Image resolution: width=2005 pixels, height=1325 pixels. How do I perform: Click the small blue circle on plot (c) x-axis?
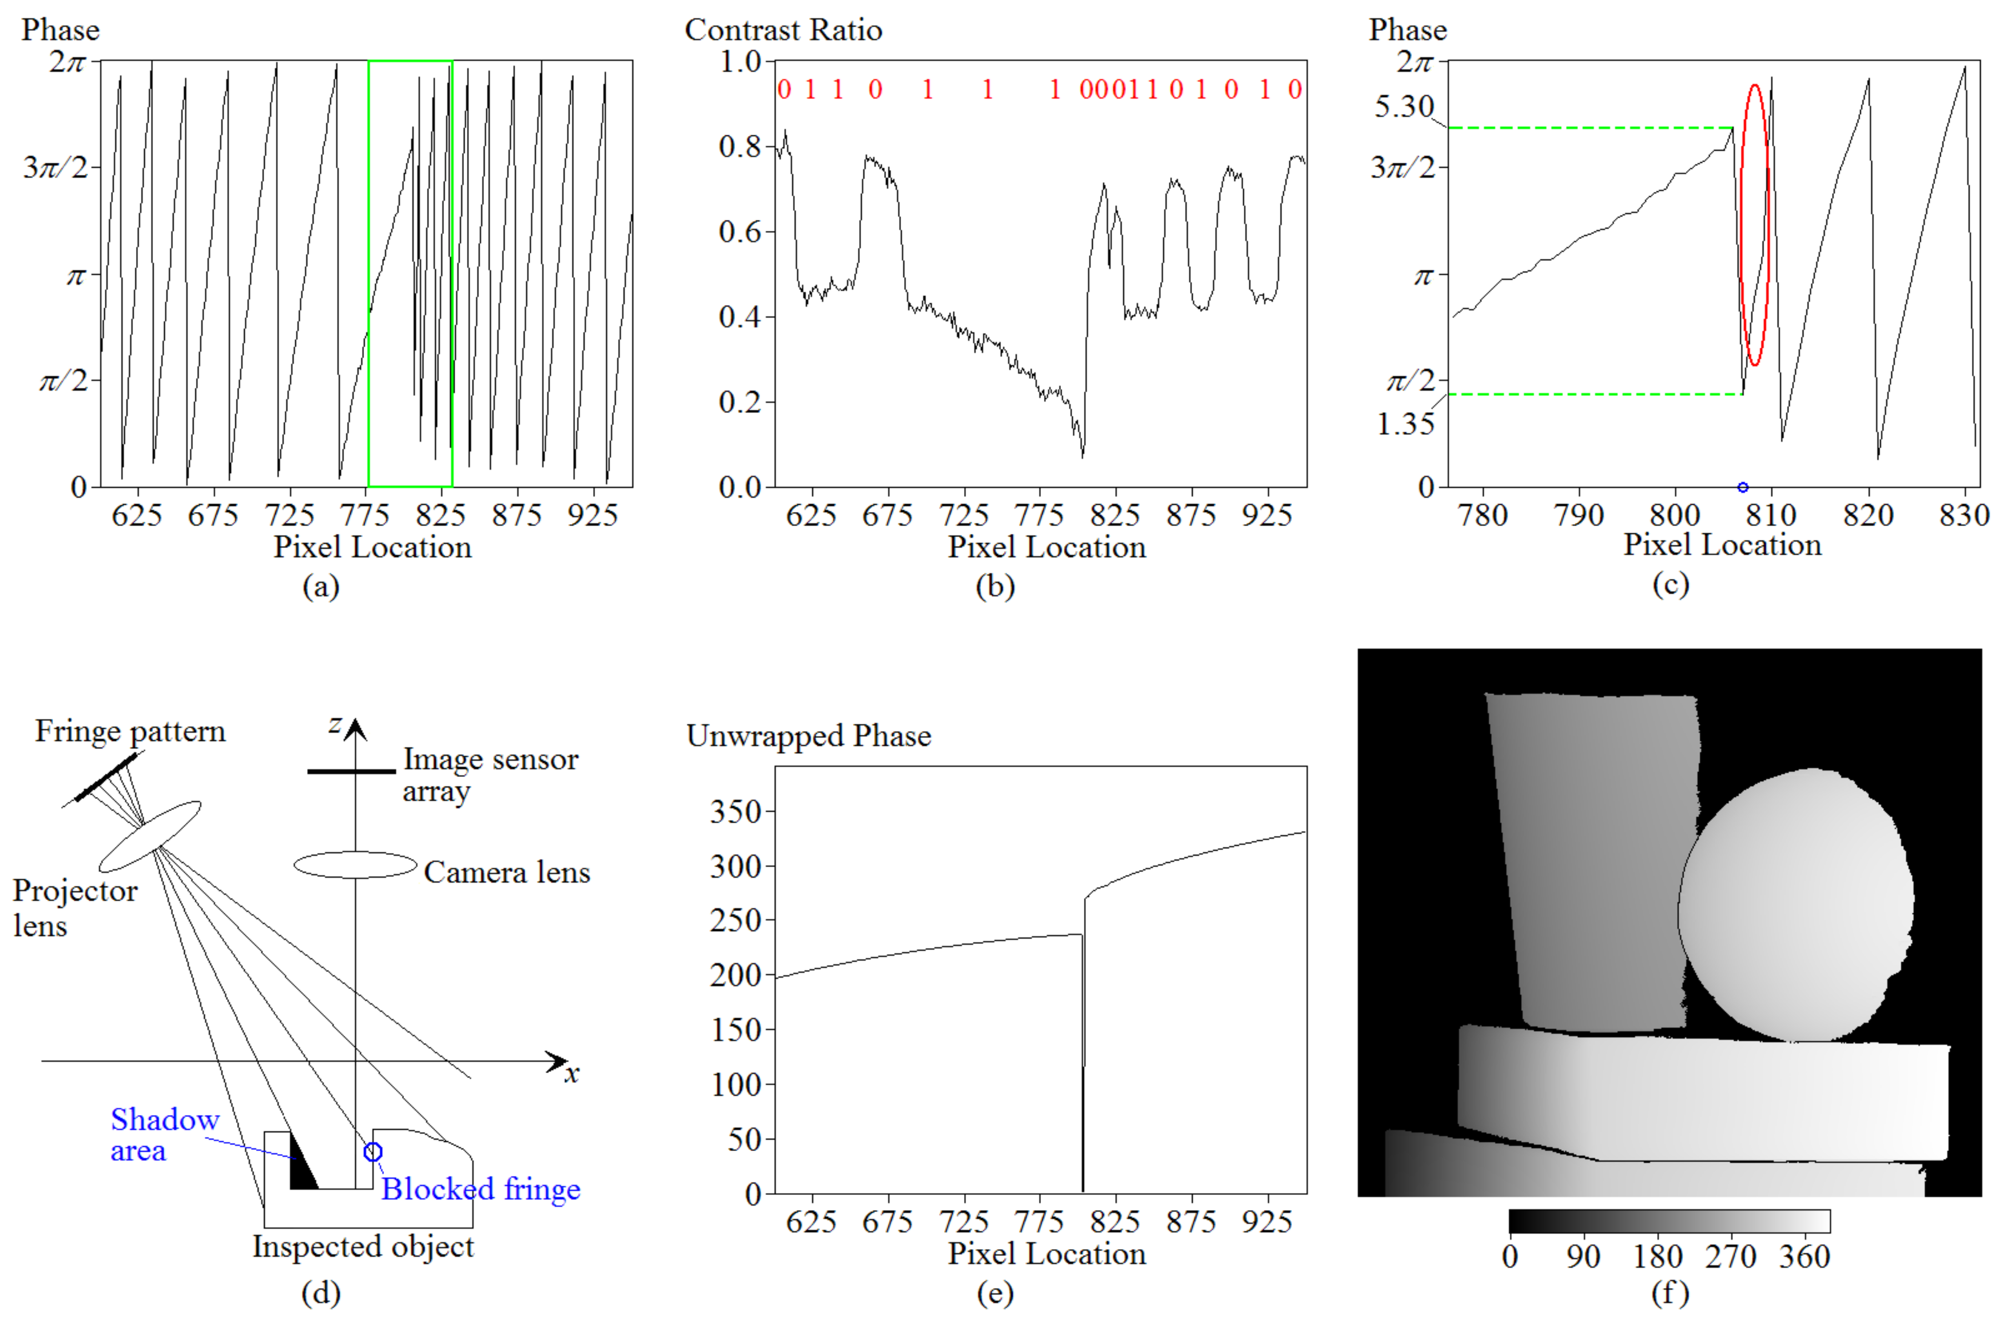[x=1742, y=488]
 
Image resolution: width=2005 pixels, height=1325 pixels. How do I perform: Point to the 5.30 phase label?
[x=1403, y=107]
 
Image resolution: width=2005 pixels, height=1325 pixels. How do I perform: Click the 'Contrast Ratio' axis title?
[x=783, y=30]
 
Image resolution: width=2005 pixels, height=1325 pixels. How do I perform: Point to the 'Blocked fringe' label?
[x=480, y=1189]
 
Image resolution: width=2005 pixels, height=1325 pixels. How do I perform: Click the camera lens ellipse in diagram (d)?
[x=355, y=865]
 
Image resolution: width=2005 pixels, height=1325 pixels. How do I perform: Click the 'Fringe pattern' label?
[x=130, y=731]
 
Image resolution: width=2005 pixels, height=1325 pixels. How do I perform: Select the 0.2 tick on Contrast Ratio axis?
[x=740, y=402]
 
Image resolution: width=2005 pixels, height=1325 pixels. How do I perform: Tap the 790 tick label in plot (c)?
[x=1578, y=514]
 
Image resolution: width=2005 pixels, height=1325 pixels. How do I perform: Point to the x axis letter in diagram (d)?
[x=572, y=1074]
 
